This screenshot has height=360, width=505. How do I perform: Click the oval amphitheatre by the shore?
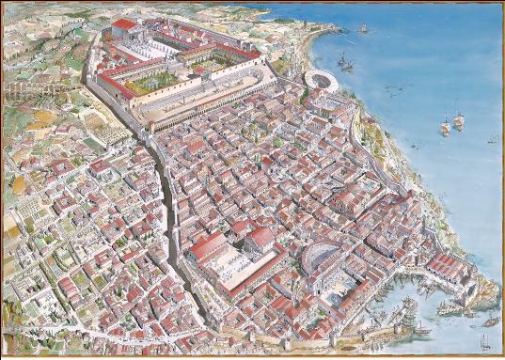click(322, 82)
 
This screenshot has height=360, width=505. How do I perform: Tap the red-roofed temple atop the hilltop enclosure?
click(123, 25)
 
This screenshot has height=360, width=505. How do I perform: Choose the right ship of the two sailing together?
click(459, 119)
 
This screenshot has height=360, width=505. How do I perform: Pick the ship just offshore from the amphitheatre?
click(346, 63)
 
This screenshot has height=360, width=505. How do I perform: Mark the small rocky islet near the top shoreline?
click(362, 29)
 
